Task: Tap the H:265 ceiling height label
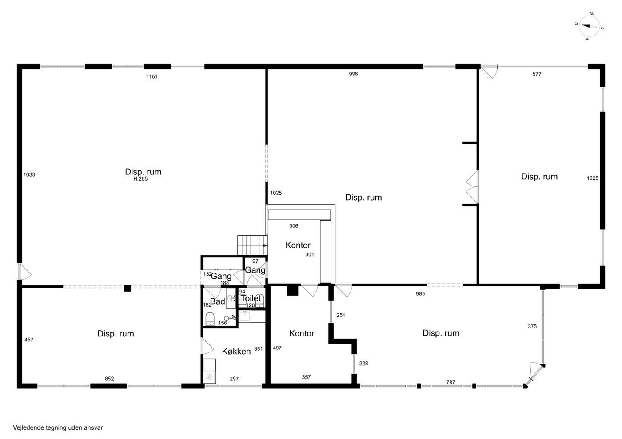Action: pyautogui.click(x=140, y=179)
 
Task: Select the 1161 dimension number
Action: pyautogui.click(x=152, y=77)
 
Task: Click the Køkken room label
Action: pyautogui.click(x=236, y=352)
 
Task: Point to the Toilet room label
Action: pyautogui.click(x=251, y=298)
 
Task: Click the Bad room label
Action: pyautogui.click(x=217, y=301)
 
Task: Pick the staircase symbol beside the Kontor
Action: pyautogui.click(x=252, y=245)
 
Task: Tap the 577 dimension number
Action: pyautogui.click(x=537, y=74)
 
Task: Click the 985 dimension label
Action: pyautogui.click(x=420, y=293)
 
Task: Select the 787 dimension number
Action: pyautogui.click(x=451, y=382)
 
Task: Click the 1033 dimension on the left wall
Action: pyautogui.click(x=29, y=174)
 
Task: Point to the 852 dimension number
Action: pyautogui.click(x=109, y=379)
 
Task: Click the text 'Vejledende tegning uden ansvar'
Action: pyautogui.click(x=58, y=427)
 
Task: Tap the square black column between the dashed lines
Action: pyautogui.click(x=128, y=288)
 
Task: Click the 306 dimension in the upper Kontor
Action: pyautogui.click(x=294, y=226)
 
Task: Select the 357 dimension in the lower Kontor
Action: pyautogui.click(x=306, y=377)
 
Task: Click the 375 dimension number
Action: pyautogui.click(x=532, y=326)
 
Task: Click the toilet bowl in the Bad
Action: pyautogui.click(x=210, y=319)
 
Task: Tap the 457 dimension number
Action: pyautogui.click(x=29, y=340)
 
